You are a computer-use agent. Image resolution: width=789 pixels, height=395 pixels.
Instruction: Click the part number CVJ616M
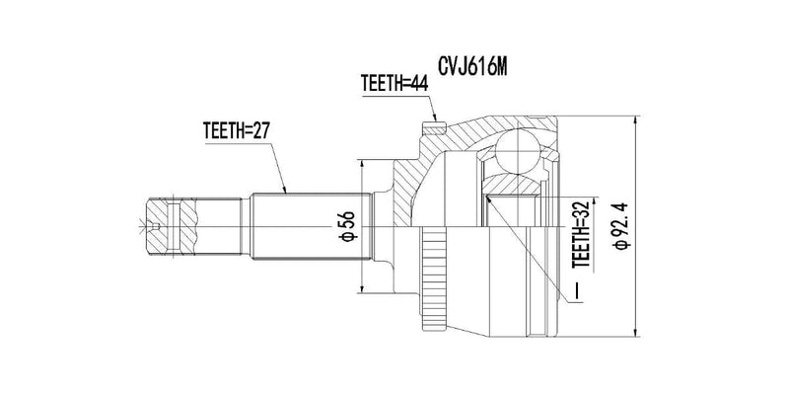(x=472, y=66)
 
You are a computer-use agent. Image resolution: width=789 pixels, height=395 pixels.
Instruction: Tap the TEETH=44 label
(x=394, y=84)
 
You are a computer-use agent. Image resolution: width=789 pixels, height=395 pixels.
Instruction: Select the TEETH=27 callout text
(x=237, y=130)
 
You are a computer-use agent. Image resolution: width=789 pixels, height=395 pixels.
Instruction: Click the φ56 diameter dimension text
(x=348, y=226)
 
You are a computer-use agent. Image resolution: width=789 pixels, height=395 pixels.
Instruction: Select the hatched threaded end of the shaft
(x=171, y=227)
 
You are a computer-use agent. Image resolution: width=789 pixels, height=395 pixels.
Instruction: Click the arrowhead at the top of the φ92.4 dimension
(x=636, y=120)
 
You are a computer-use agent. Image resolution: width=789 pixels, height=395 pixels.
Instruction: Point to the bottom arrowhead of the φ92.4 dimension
(x=636, y=332)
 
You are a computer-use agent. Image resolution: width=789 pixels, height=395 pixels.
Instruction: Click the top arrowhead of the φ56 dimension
(x=361, y=165)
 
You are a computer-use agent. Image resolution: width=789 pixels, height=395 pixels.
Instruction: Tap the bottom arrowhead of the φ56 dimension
(x=361, y=288)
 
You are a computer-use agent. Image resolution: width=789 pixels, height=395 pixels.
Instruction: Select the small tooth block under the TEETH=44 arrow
(x=434, y=129)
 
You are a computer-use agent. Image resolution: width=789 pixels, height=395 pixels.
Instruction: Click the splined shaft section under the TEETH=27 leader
(x=311, y=226)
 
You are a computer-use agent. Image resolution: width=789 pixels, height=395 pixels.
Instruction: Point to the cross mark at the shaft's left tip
(x=141, y=227)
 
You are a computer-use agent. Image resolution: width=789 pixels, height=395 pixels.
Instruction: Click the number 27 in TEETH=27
(x=260, y=130)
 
